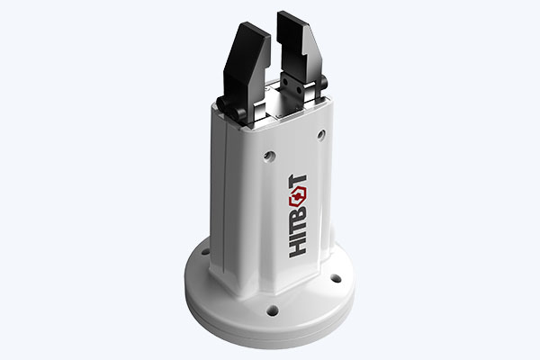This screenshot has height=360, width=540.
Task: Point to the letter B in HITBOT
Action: [298, 216]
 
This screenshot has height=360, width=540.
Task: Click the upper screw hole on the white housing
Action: [321, 134]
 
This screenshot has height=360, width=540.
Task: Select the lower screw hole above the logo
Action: [269, 156]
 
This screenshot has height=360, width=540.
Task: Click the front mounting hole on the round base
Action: [273, 310]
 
